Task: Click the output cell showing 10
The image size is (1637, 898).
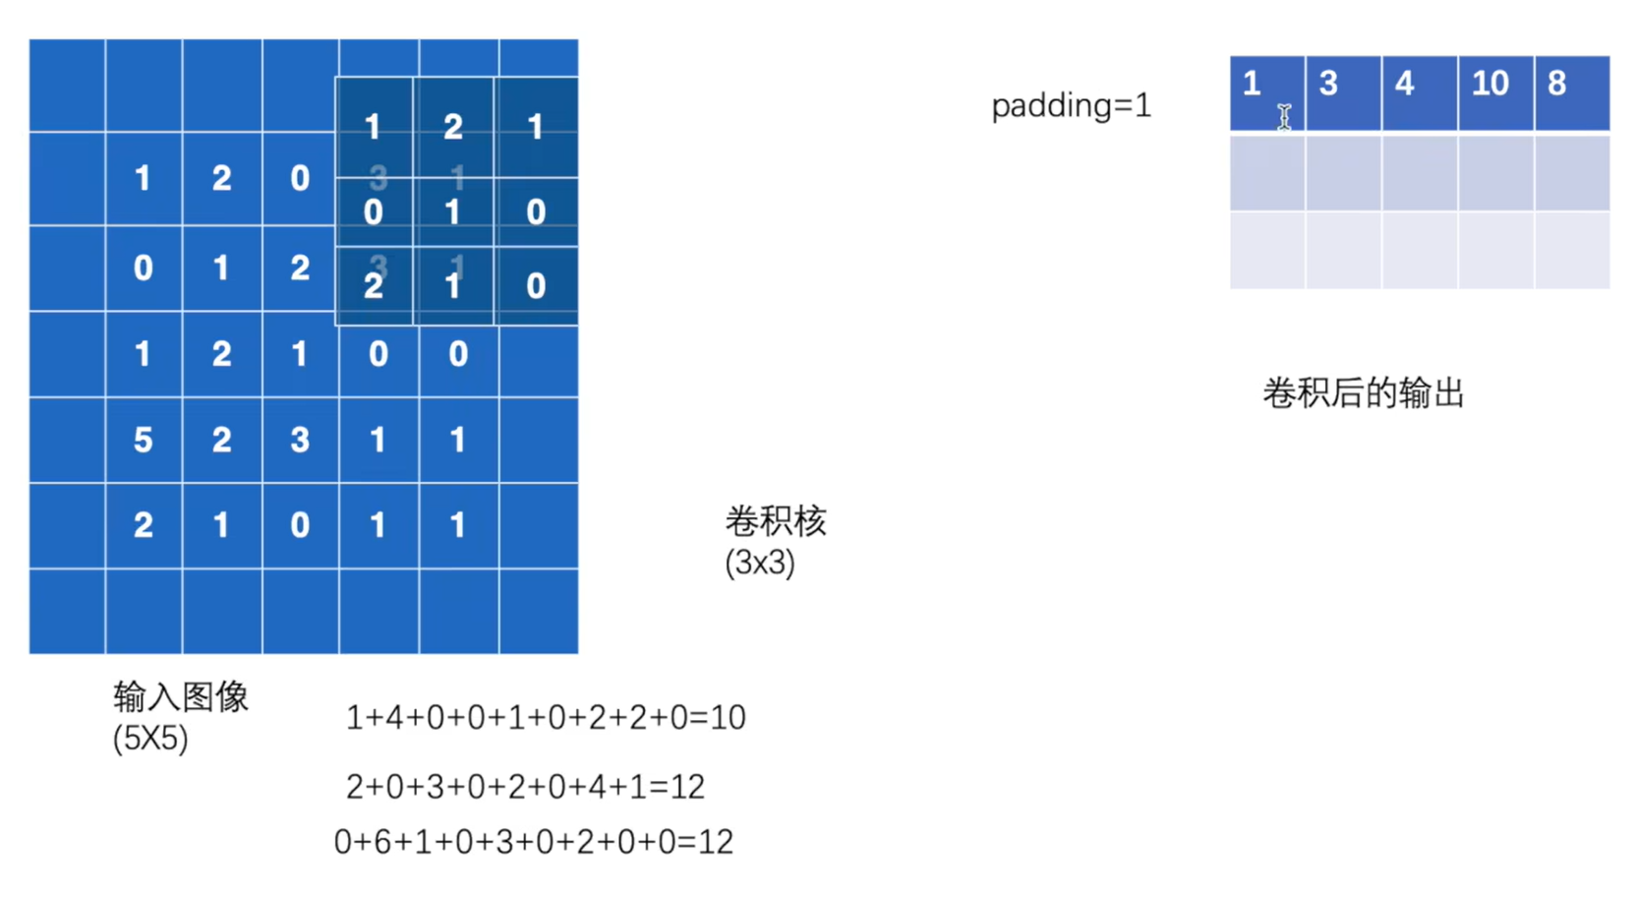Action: click(x=1494, y=92)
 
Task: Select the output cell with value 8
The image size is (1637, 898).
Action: click(x=1571, y=92)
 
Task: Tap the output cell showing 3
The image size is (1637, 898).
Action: click(x=1343, y=92)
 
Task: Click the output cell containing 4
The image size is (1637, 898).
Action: click(x=1419, y=92)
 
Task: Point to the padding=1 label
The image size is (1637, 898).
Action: click(x=1071, y=105)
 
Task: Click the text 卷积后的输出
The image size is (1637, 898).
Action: click(x=1363, y=393)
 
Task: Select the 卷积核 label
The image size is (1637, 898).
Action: click(x=775, y=520)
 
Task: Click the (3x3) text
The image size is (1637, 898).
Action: click(x=759, y=563)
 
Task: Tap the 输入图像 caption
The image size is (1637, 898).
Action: click(x=180, y=696)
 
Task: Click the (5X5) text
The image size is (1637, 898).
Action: click(x=149, y=738)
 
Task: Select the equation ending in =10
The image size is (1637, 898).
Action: click(x=546, y=717)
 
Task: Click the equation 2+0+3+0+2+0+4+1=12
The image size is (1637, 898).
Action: click(x=525, y=786)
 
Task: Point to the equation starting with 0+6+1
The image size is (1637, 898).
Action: click(x=533, y=842)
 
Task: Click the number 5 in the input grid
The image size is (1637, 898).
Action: click(x=144, y=440)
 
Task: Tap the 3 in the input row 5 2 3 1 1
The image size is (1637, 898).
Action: click(x=300, y=440)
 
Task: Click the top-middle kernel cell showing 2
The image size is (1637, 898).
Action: click(x=452, y=127)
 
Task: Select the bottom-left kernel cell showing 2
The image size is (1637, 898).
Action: click(x=374, y=286)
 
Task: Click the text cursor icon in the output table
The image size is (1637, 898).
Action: click(x=1284, y=117)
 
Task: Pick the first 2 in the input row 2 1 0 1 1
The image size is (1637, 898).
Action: click(x=144, y=525)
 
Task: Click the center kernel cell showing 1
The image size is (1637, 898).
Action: click(x=452, y=212)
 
